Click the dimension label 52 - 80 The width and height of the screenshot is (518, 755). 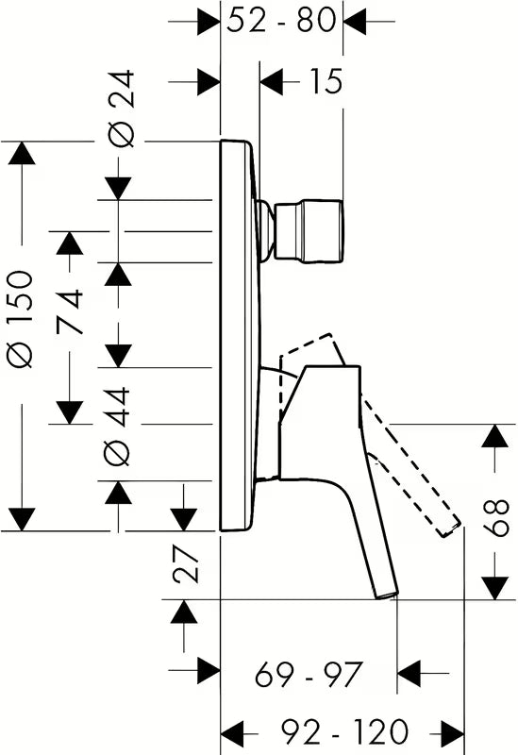(x=281, y=21)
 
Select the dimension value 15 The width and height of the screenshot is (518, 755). (x=326, y=81)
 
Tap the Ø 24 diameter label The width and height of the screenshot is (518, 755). (x=120, y=108)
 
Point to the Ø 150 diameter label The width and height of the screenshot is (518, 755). (x=22, y=319)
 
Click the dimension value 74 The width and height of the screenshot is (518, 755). (x=70, y=312)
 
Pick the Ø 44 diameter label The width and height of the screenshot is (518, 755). (x=117, y=426)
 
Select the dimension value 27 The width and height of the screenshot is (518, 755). (x=186, y=563)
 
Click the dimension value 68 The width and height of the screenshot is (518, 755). (x=496, y=518)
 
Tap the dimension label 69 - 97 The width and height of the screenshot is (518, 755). (x=309, y=674)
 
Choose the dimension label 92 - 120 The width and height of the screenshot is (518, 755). (x=343, y=732)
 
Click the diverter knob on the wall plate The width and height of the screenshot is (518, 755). (x=309, y=231)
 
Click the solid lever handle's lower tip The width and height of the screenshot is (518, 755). (x=388, y=594)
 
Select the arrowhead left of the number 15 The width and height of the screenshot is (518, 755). (x=272, y=81)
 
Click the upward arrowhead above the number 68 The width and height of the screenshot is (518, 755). (x=495, y=435)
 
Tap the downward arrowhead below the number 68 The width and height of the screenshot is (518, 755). (x=495, y=588)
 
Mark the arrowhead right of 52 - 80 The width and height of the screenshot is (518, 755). (x=356, y=21)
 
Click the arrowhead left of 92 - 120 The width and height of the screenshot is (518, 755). (x=232, y=733)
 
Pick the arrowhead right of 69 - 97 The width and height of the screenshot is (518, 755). (x=409, y=673)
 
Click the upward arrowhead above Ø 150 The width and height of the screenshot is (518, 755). (x=22, y=153)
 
